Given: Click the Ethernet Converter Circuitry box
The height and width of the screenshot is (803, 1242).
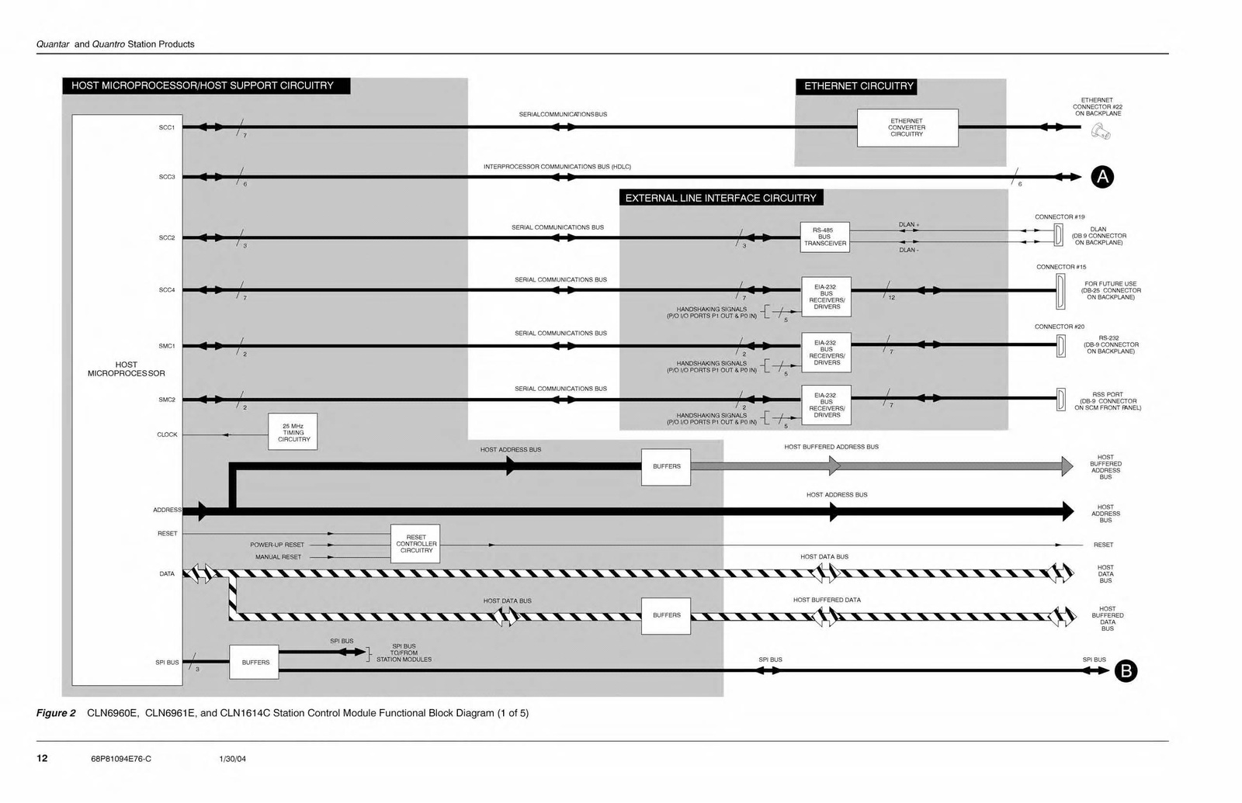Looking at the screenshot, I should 907,128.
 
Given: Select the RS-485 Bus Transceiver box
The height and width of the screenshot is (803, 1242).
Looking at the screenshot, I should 824,237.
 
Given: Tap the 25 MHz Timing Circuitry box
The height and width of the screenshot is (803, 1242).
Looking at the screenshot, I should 293,432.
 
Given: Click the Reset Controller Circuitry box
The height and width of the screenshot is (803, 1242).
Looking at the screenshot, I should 415,544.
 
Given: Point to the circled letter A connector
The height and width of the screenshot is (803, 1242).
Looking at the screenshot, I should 1101,177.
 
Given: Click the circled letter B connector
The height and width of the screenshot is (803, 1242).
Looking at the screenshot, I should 1125,671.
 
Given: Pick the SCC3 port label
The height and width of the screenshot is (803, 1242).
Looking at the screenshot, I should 167,177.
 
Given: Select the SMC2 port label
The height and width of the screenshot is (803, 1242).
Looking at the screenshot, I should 167,400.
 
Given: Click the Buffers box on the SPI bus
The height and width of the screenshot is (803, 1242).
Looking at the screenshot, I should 254,663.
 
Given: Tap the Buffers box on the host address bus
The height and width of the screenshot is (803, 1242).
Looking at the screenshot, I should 666,466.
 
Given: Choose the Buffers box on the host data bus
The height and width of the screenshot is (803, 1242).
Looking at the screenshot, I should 666,615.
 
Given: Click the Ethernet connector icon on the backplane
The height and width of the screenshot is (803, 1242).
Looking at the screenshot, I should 1101,132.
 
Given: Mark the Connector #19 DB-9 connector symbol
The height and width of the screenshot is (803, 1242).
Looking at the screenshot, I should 1058,234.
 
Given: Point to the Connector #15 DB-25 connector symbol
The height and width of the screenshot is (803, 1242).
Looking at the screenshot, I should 1060,291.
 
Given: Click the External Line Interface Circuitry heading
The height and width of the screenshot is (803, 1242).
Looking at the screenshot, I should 720,198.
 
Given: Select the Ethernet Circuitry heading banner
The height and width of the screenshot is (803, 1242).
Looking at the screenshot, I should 859,86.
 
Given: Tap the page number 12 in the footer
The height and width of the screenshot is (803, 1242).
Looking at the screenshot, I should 42,758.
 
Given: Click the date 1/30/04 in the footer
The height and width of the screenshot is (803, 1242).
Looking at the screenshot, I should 233,759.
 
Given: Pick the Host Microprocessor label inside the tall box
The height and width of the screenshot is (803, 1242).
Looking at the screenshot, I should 127,369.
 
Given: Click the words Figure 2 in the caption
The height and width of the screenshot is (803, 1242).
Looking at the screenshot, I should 56,713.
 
